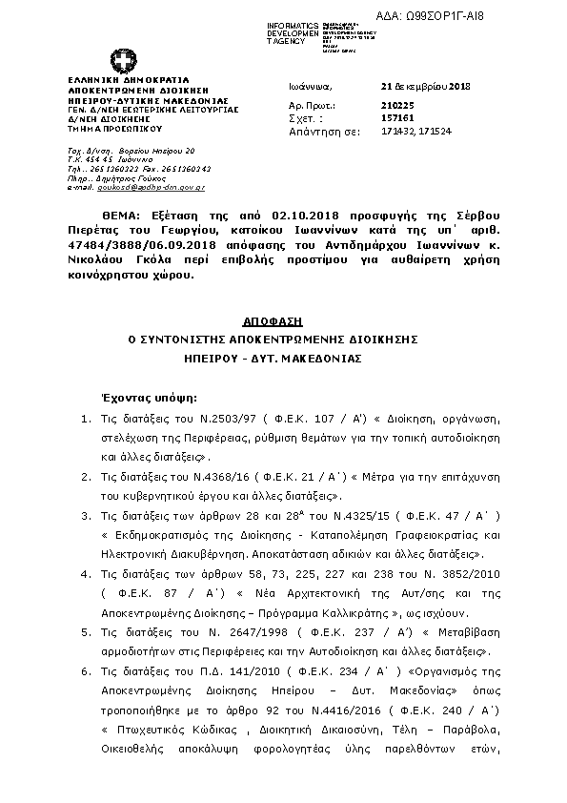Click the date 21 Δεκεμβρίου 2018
tap(419, 86)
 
